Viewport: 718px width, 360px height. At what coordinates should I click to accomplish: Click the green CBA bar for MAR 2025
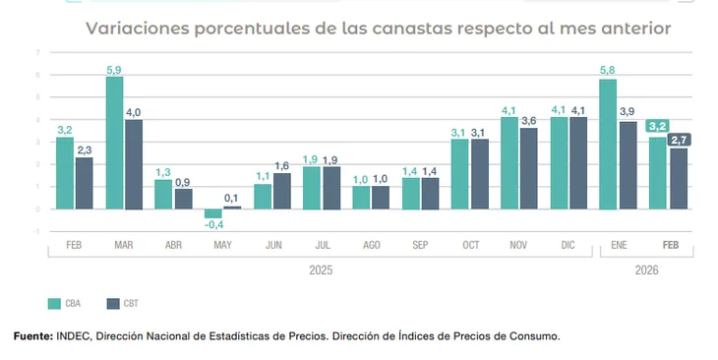114,143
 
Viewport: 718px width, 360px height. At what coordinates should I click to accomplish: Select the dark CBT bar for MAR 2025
134,164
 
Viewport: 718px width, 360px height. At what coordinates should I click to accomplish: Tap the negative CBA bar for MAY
212,213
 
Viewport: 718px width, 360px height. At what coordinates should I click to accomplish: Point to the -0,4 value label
213,225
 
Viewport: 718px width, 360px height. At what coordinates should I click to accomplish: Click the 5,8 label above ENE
607,70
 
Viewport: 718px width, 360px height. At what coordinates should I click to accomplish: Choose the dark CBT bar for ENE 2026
628,165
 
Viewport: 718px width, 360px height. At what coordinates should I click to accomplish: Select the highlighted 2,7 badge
679,140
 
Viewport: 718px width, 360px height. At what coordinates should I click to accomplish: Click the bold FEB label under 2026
671,245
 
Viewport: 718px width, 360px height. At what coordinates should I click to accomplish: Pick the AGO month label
372,245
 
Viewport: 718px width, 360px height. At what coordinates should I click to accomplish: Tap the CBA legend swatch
54,304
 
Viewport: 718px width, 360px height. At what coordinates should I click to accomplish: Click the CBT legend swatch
113,304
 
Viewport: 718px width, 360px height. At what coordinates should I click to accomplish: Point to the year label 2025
321,270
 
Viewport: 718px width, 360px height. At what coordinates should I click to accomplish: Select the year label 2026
646,270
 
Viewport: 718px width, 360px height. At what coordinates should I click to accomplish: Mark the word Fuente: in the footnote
33,336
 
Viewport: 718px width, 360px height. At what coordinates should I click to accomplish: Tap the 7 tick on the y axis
37,53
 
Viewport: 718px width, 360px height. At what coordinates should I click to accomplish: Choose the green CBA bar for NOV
509,163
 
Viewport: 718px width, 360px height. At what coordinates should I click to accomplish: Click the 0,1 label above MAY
231,199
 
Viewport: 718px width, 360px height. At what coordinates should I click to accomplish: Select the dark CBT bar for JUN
281,191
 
